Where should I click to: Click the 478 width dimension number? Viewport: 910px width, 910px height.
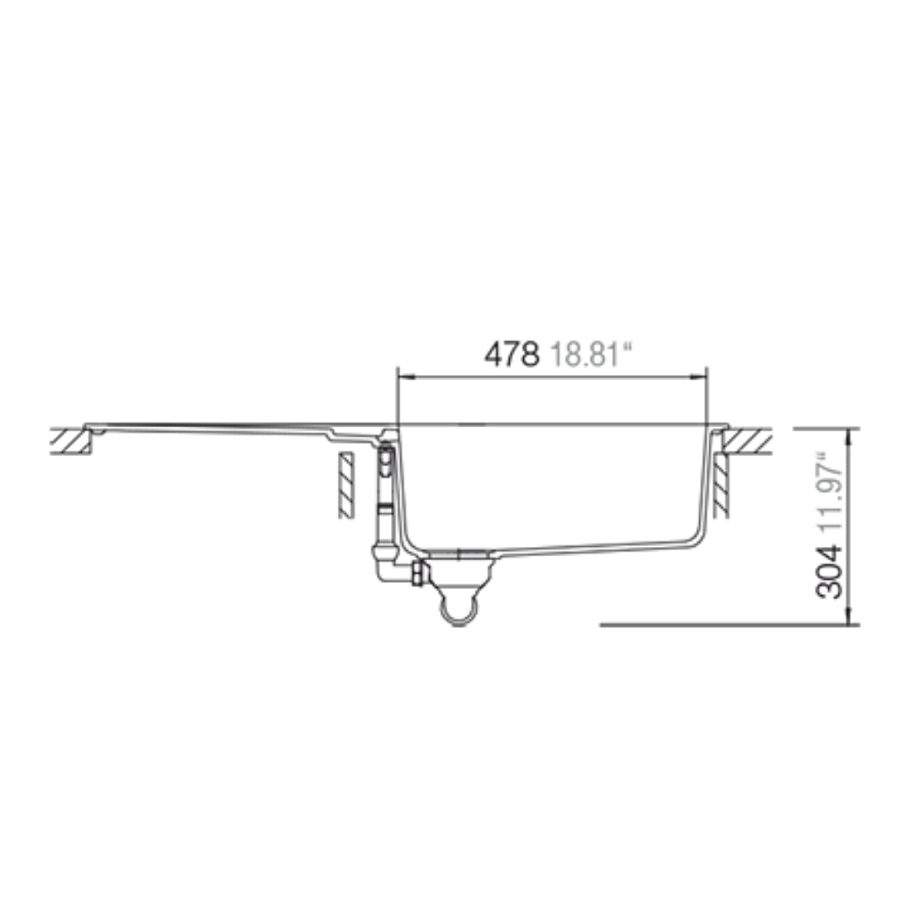tap(512, 354)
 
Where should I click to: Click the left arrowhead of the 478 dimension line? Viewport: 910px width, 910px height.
tap(404, 377)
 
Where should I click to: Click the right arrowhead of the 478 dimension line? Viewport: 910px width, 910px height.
tap(700, 377)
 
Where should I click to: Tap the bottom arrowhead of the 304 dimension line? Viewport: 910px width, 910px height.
tap(849, 616)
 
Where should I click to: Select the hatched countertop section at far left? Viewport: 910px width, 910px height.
tap(71, 441)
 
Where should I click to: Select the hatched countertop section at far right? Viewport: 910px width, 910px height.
tap(747, 441)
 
